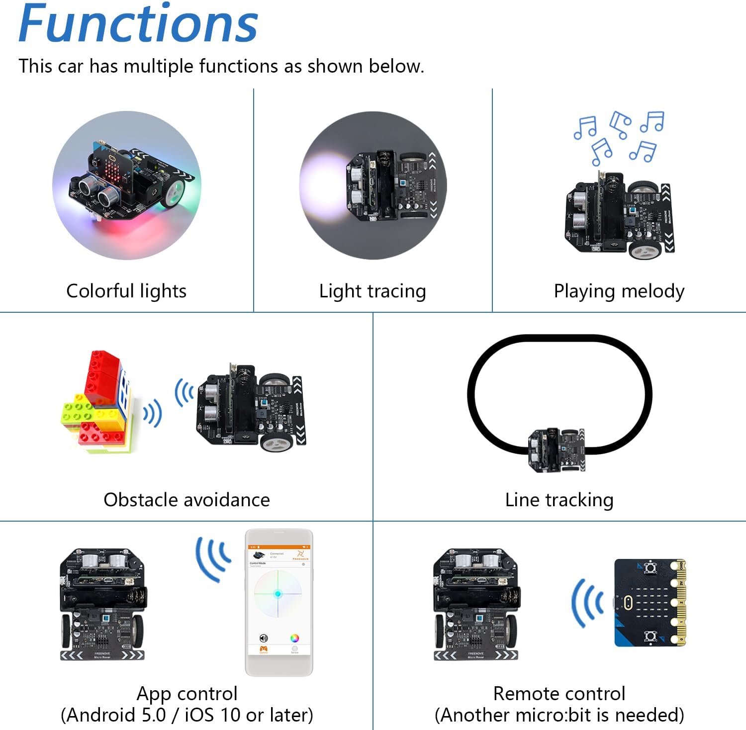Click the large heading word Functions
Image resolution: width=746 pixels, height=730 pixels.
[138, 24]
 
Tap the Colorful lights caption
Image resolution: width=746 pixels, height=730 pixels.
[126, 291]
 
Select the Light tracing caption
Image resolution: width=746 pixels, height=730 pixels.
[373, 291]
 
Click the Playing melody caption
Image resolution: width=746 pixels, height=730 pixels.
[619, 291]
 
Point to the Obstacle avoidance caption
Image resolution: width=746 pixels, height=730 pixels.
[186, 500]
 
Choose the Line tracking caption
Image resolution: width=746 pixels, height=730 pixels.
[559, 500]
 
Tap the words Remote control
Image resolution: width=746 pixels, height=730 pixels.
[559, 694]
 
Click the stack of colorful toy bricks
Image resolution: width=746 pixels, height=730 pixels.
[97, 403]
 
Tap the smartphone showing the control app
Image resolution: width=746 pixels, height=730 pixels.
[279, 602]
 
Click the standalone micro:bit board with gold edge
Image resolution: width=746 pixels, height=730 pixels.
[650, 603]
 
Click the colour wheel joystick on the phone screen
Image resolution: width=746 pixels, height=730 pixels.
[278, 594]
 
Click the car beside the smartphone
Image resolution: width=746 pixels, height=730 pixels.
[102, 604]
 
